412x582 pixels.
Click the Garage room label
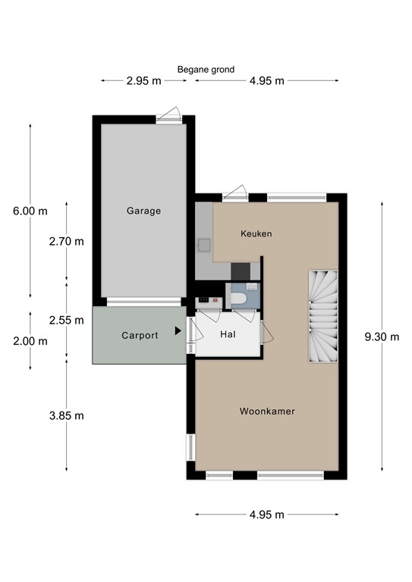(x=143, y=211)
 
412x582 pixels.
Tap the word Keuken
(x=256, y=233)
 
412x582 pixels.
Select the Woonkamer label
(x=267, y=411)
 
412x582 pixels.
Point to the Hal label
(x=227, y=334)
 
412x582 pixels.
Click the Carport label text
(x=140, y=335)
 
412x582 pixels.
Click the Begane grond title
(x=206, y=69)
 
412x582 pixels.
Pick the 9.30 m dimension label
(x=381, y=337)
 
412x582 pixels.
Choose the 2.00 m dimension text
(x=30, y=341)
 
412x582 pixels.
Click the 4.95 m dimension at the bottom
(x=266, y=515)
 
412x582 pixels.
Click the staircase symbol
(x=322, y=317)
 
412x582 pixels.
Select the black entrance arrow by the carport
(x=178, y=330)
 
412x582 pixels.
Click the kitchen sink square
(x=204, y=245)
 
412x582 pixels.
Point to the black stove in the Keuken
(x=241, y=271)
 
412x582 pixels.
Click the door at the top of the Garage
(x=168, y=114)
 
